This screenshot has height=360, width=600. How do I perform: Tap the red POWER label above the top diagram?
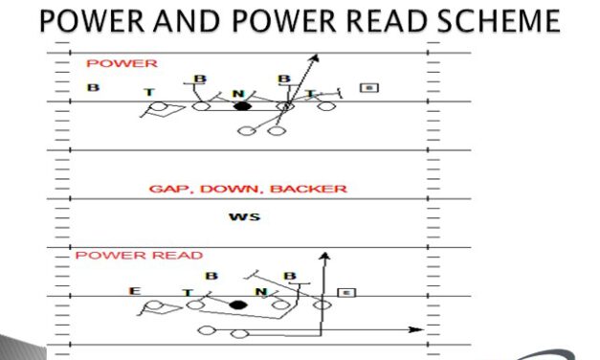108,64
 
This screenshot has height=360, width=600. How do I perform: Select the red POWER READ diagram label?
139,256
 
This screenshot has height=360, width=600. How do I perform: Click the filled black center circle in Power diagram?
242,105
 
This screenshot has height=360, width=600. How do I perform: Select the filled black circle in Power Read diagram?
237,304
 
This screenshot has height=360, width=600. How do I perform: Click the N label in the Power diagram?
240,94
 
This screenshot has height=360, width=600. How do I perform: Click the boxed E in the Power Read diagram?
346,292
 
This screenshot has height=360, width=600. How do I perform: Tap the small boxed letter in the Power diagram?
369,88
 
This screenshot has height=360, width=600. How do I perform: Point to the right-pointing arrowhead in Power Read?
418,329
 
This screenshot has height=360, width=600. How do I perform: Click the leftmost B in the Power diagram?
93,88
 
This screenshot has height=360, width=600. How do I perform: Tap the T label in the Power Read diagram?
189,293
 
